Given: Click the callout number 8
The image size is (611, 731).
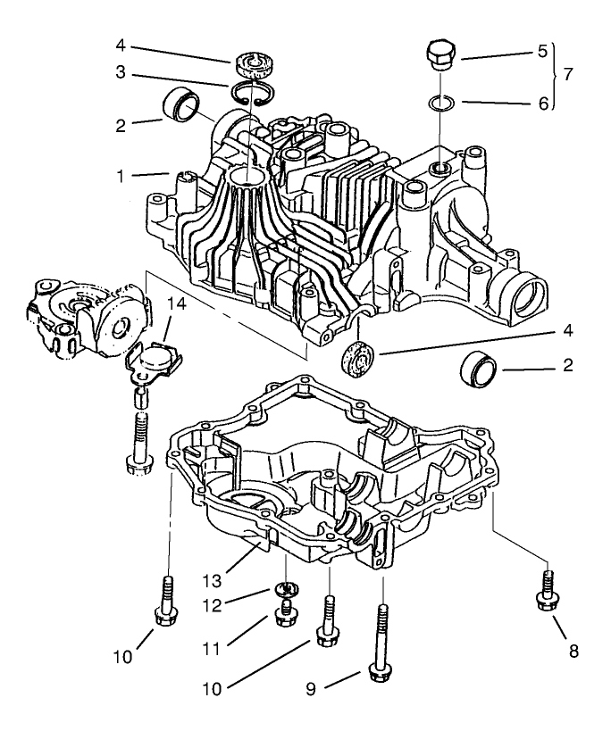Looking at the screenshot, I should tap(573, 651).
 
